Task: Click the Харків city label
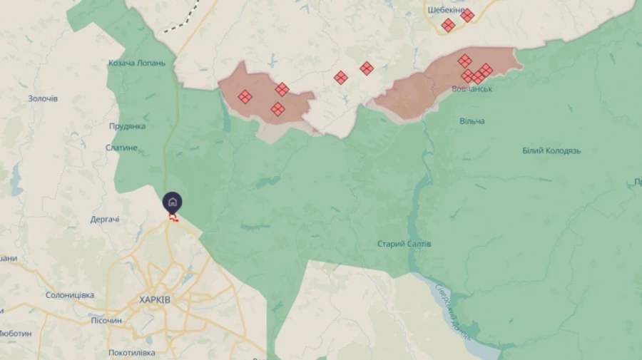155,300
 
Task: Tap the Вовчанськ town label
472,89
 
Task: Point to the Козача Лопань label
137,63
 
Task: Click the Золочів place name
43,98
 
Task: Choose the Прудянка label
127,126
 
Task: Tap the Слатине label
121,148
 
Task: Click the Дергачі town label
105,219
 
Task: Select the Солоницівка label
70,295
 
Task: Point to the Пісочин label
106,321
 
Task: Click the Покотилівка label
131,353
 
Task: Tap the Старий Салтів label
404,244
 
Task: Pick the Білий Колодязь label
551,151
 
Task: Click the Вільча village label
472,121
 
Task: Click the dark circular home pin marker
172,202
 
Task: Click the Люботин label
16,334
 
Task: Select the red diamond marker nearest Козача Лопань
245,97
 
